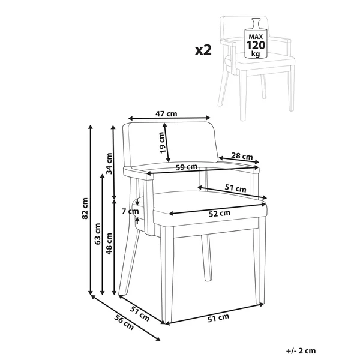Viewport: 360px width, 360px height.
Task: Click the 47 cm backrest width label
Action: [166, 113]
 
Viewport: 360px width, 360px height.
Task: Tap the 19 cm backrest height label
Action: [162, 143]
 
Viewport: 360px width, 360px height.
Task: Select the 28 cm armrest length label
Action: [242, 156]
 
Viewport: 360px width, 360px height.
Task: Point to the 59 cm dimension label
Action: [187, 167]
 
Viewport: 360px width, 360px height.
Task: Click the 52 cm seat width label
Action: [220, 214]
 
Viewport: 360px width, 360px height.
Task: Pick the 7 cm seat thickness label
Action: [130, 211]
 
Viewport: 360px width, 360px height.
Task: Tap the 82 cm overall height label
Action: [85, 208]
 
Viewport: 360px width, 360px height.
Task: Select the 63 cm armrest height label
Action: [98, 234]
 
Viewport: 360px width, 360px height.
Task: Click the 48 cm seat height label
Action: [109, 244]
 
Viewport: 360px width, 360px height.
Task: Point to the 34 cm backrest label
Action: [110, 163]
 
